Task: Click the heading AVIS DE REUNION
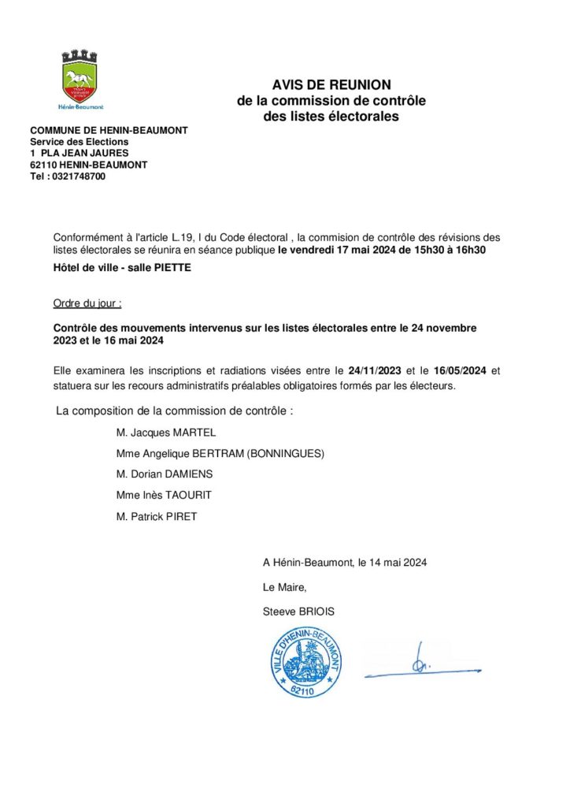331,85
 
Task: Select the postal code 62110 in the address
43,165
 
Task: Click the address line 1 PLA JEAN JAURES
79,154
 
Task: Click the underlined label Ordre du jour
87,303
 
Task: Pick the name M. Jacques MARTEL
165,433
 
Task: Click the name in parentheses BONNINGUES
284,454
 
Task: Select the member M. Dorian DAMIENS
164,474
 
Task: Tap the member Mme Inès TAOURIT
163,495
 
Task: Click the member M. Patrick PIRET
157,516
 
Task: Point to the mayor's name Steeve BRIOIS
303,611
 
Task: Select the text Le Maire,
284,587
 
